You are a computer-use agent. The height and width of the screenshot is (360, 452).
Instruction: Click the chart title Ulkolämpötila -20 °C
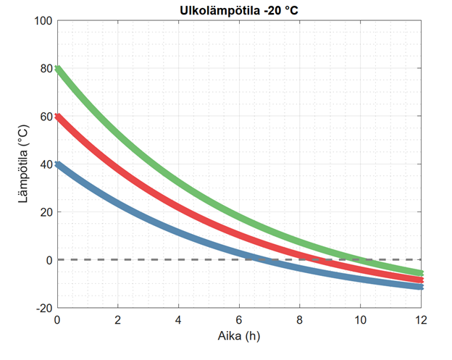239,10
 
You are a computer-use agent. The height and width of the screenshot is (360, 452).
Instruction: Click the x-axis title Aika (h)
239,336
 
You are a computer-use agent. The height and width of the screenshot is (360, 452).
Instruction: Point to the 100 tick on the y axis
43,21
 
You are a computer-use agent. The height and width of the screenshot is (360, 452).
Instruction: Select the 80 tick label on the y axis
46,69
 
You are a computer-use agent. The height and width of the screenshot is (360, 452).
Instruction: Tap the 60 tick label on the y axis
46,117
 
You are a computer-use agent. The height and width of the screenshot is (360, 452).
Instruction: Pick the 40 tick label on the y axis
46,164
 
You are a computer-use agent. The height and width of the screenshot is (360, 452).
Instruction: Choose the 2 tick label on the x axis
117,319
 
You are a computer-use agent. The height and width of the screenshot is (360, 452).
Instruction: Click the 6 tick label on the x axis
239,319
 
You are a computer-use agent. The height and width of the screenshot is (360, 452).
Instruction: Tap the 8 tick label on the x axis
300,319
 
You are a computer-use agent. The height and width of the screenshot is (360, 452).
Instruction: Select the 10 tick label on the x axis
361,319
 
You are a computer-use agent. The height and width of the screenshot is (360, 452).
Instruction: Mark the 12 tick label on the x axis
421,319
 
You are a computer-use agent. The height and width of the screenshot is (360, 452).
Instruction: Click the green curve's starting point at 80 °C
57,69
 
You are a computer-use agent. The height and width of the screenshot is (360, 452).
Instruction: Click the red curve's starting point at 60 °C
57,117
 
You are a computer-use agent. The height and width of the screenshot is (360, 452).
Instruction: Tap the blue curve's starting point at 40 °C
57,164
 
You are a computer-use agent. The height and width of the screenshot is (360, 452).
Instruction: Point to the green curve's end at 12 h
421,273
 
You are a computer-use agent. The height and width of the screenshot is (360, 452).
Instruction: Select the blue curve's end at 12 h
421,287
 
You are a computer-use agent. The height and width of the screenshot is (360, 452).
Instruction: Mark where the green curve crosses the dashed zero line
359,259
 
